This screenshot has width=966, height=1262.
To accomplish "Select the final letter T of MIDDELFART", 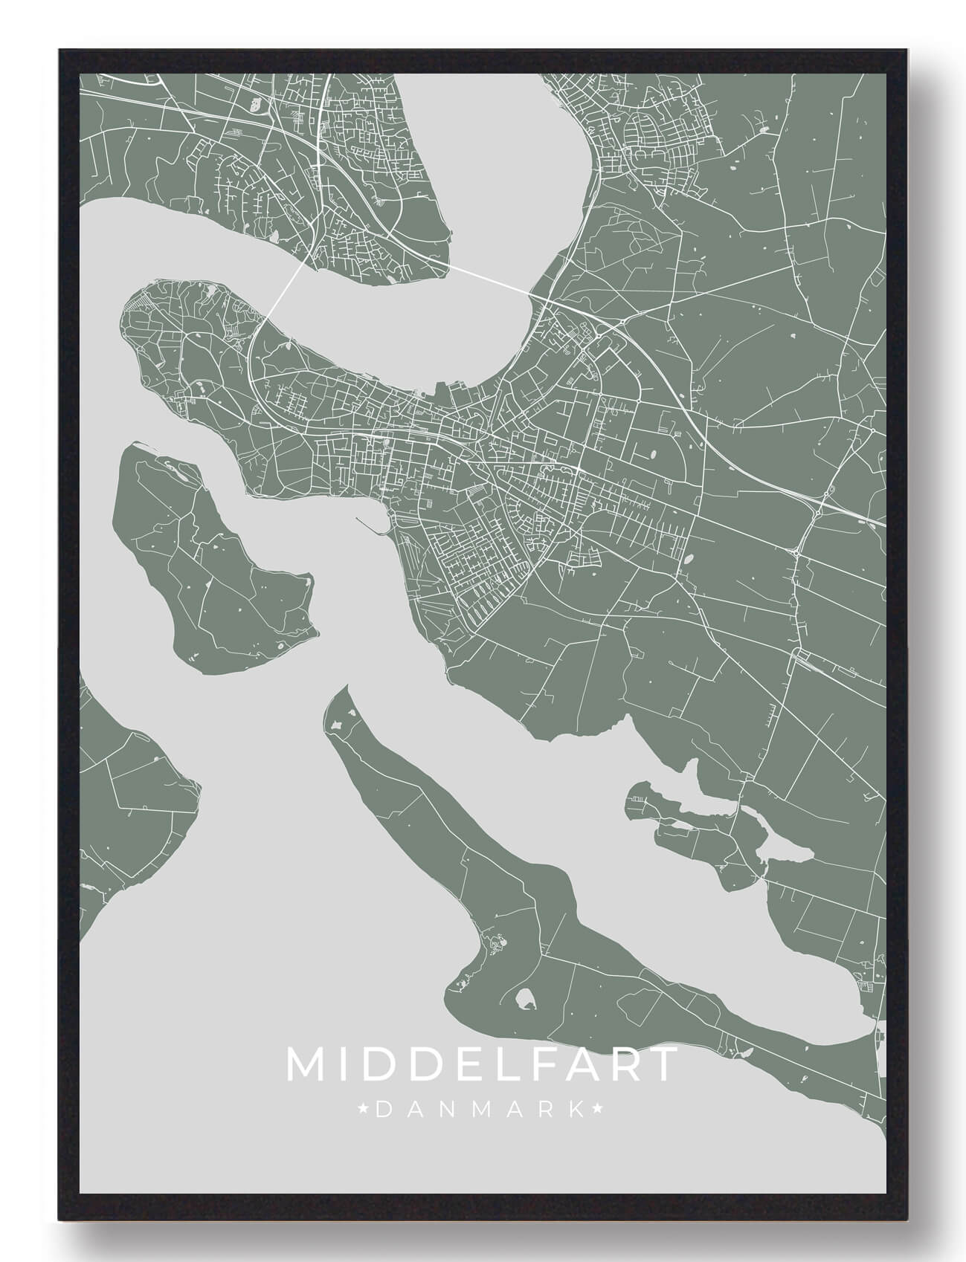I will [663, 1065].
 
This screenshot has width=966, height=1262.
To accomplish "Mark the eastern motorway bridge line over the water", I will [491, 278].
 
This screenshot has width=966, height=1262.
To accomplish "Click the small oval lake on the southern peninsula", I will [525, 1000].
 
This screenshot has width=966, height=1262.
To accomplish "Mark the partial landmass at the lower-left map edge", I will [126, 803].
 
